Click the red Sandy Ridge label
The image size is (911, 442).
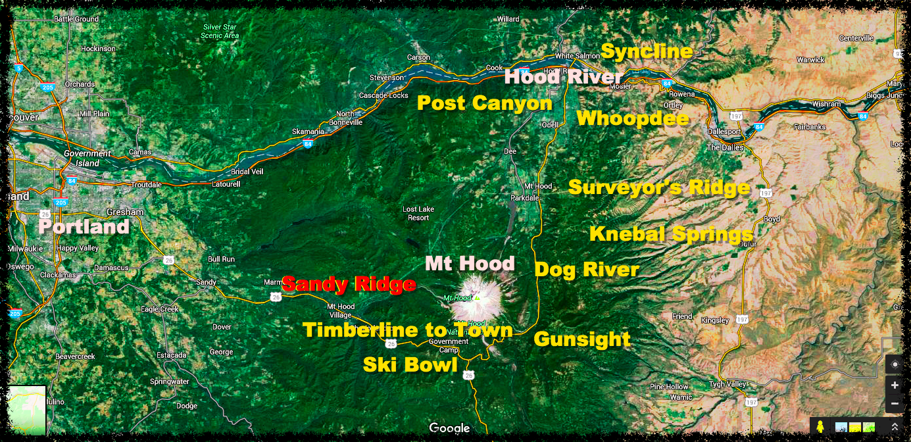point(349,284)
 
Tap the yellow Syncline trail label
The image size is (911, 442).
point(647,51)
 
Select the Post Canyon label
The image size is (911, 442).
point(485,103)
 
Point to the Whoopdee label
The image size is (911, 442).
point(633,118)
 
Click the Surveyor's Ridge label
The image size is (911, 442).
point(659,187)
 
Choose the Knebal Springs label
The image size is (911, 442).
point(671,234)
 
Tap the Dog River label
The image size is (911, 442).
point(587,269)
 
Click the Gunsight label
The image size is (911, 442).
point(582,339)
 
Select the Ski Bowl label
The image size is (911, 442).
point(410,364)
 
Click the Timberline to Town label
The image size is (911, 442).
point(407,330)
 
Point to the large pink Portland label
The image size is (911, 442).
point(84,227)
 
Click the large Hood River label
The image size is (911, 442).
point(563,77)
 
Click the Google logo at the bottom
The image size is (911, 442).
point(450,428)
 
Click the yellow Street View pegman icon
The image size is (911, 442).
point(820,426)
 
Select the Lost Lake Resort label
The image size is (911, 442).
point(418,214)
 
